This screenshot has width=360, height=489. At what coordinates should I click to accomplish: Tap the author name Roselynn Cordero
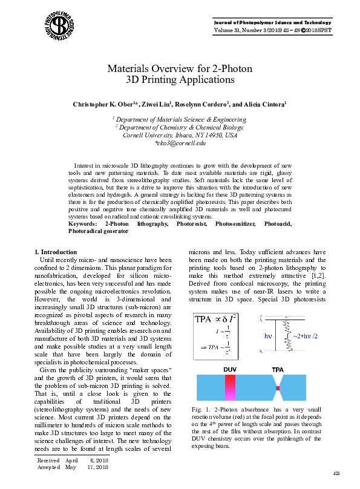click(x=202, y=104)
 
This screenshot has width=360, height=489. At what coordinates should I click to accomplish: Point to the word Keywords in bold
click(x=84, y=224)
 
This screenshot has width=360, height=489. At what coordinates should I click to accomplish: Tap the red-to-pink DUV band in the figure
click(x=230, y=387)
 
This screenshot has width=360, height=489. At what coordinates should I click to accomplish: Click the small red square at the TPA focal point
click(x=278, y=387)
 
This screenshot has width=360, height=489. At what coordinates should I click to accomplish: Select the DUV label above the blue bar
click(x=230, y=369)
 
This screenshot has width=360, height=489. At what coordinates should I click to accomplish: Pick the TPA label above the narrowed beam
click(x=278, y=369)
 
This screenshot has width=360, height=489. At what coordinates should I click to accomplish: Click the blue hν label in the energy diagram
click(x=269, y=335)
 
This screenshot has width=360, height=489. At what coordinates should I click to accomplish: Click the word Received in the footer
click(x=48, y=461)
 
